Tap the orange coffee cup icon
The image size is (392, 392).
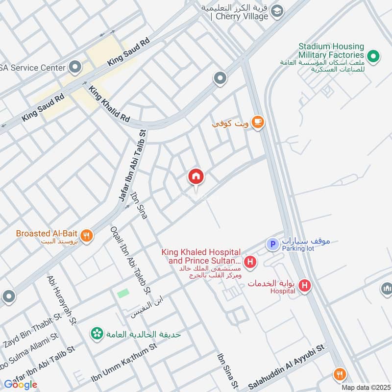258,122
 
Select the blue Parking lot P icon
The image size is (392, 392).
272,244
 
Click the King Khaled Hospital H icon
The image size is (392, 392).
250,263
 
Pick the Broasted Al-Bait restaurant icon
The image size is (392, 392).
87,236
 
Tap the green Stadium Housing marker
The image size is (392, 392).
374,57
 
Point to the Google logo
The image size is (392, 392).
21,385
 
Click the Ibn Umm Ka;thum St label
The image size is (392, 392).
123,363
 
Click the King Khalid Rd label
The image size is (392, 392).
109,104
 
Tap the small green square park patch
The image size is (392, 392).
122,294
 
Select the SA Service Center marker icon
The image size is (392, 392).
75,66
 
